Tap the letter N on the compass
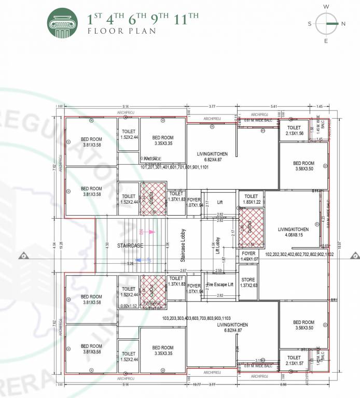point(343,24)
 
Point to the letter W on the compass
point(326,7)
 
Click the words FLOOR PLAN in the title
point(121,31)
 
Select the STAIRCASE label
point(130,245)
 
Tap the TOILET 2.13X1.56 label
point(294,130)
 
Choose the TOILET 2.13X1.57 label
point(294,361)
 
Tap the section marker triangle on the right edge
point(355,255)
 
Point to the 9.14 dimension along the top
point(126,106)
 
